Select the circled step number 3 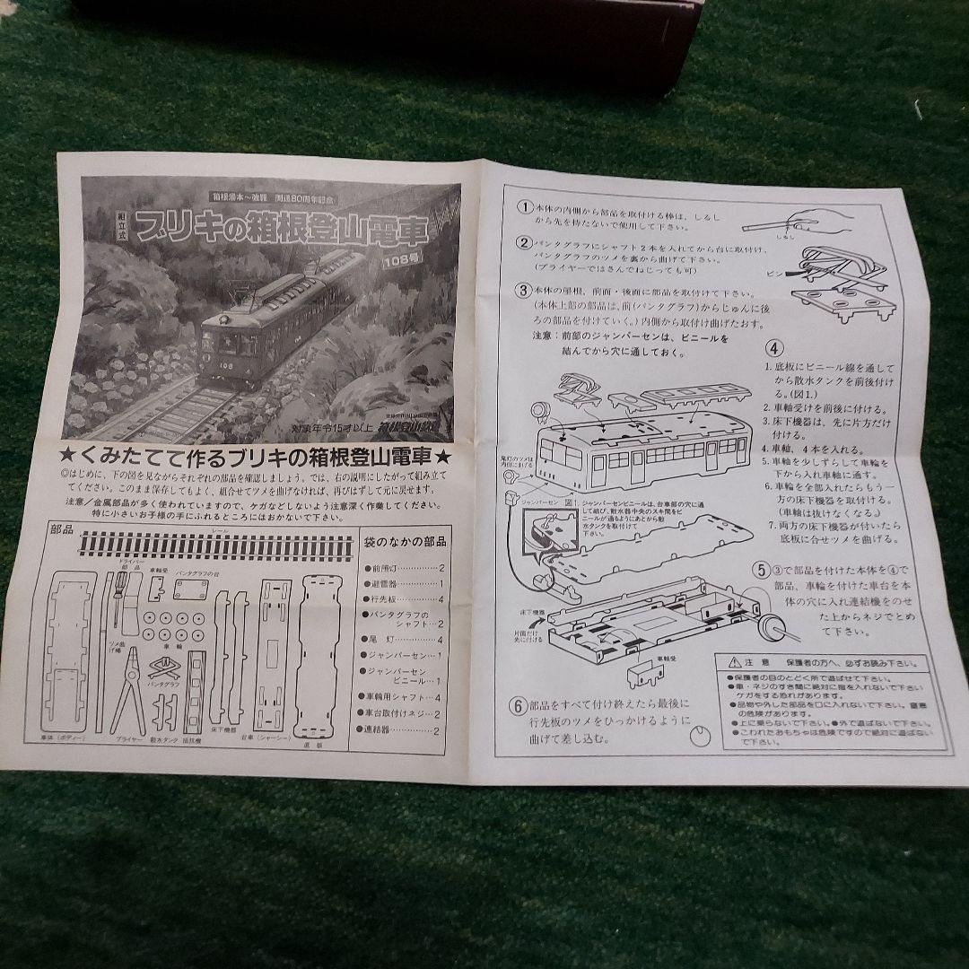pyautogui.click(x=523, y=290)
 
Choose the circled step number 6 pyautogui.click(x=518, y=705)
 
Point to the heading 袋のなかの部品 pyautogui.click(x=403, y=541)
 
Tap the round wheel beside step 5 pyautogui.click(x=769, y=625)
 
